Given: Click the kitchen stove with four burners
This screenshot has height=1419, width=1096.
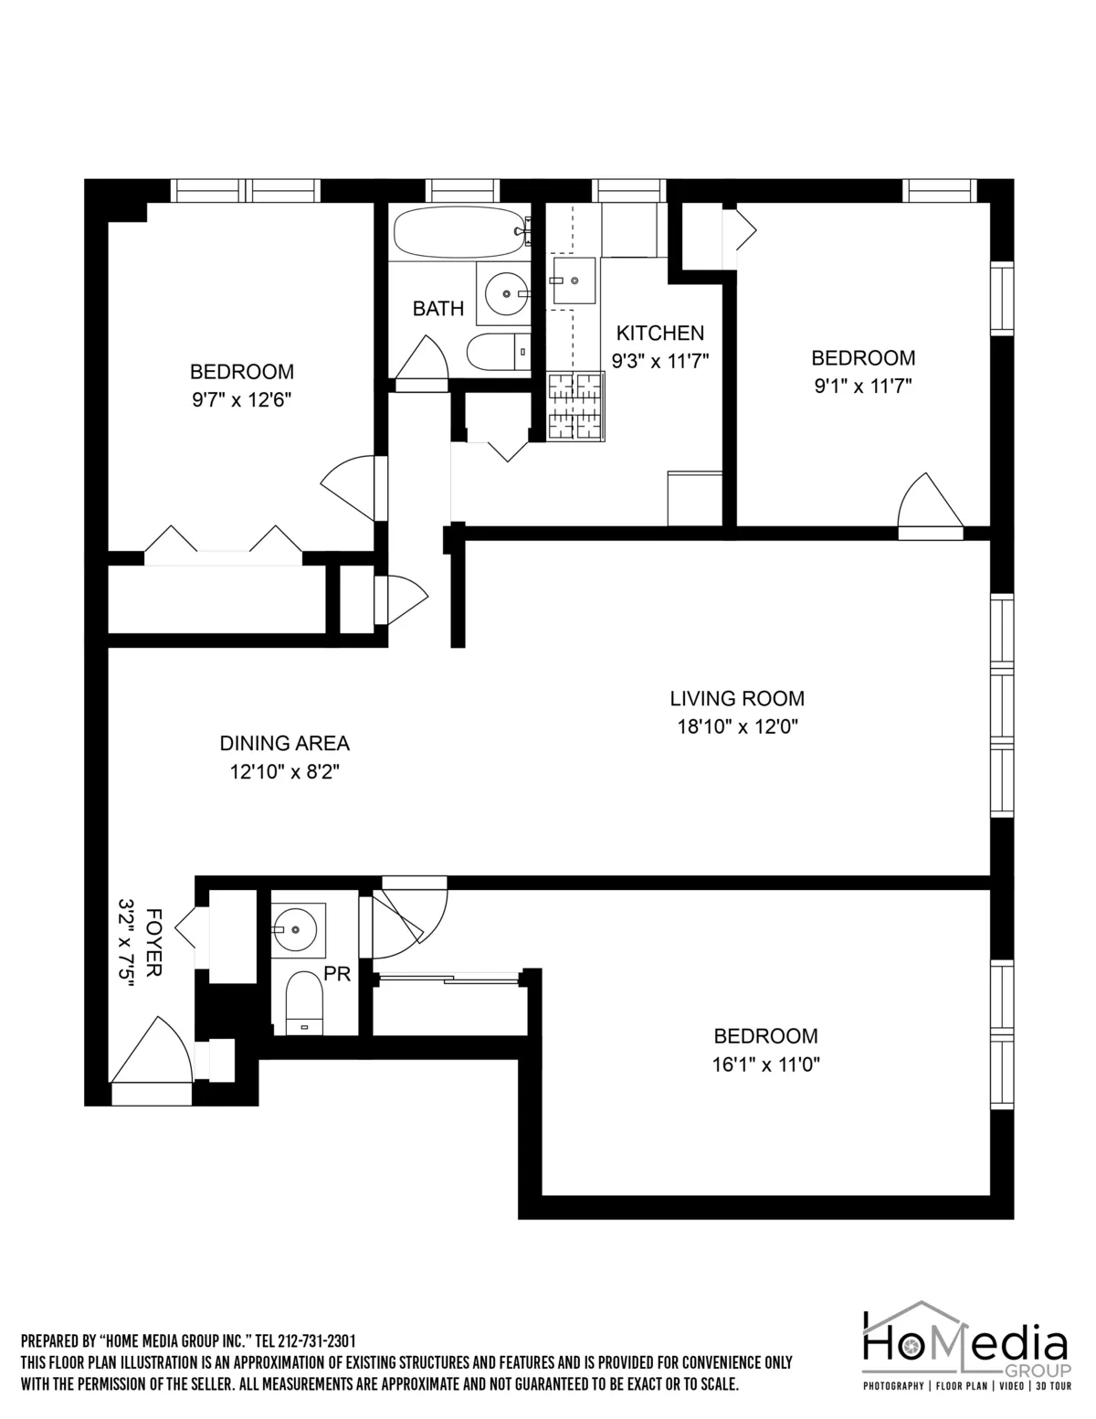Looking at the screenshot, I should [575, 405].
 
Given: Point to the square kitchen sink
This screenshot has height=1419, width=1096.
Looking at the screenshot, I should [574, 281].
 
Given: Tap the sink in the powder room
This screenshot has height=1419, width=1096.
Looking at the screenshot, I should [298, 929].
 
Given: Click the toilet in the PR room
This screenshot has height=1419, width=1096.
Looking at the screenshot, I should [304, 1002].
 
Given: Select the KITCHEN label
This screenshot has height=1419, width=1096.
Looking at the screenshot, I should [659, 333].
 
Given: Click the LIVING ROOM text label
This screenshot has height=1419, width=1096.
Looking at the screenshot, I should [737, 699].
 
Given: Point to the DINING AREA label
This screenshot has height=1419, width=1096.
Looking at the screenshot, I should [284, 743].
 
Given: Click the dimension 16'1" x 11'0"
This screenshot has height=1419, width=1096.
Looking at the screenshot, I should [765, 1064].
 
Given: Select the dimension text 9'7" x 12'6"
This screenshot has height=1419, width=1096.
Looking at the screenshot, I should [241, 399].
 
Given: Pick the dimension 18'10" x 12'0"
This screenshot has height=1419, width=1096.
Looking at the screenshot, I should [737, 727].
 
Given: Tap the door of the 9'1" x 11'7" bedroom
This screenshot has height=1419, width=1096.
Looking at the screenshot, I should [930, 505].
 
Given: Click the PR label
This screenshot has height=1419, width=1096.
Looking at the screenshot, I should [337, 975].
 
